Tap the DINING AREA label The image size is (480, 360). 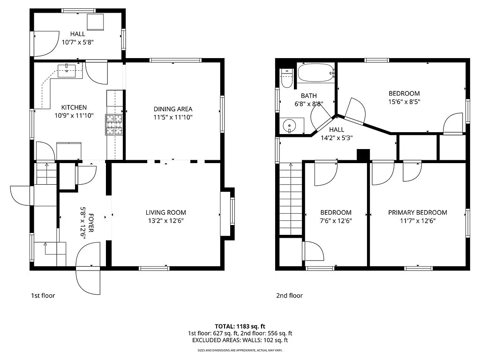pos(173,109)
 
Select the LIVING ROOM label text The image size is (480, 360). pos(165,212)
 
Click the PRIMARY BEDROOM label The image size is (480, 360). pos(417,212)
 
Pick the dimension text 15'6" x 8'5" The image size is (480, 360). pos(404,101)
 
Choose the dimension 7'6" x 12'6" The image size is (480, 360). pos(336,221)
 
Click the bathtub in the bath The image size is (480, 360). pos(316,73)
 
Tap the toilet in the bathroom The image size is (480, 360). pos(286,79)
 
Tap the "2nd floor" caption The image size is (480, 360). pos(289,296)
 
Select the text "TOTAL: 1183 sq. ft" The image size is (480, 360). pos(240,326)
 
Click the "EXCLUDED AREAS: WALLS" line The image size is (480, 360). pos(240,340)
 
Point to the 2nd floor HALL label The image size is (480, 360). pos(336,130)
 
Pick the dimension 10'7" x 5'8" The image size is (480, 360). pos(78,42)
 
